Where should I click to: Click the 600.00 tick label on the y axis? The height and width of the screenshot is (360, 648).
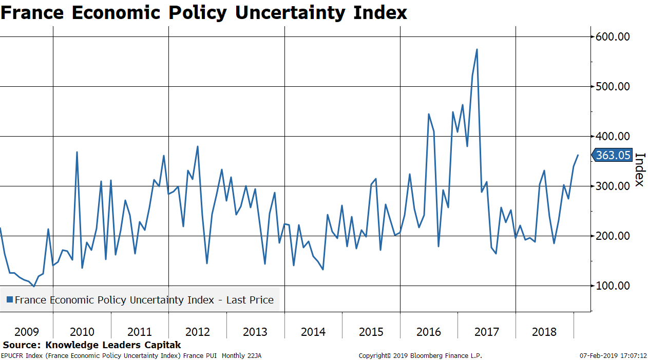[x=613, y=37]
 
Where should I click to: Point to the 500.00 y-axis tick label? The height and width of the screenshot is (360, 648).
[x=613, y=86]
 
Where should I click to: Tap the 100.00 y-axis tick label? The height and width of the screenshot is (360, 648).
[x=613, y=286]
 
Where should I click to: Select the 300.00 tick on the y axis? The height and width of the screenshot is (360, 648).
[x=613, y=186]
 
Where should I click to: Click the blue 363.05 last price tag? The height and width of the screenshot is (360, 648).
[x=613, y=155]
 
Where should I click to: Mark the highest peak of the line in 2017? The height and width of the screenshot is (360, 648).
[x=477, y=50]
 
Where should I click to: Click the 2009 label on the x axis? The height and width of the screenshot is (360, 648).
[x=27, y=332]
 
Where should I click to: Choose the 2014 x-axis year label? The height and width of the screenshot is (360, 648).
[x=313, y=332]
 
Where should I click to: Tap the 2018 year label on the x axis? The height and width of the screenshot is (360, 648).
[x=544, y=332]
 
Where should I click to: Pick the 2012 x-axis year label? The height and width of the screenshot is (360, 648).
[x=198, y=332]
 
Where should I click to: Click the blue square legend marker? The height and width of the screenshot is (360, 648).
[x=9, y=300]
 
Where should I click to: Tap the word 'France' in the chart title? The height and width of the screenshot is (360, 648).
[x=32, y=13]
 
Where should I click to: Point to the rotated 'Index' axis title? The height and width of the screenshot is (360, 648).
[x=640, y=170]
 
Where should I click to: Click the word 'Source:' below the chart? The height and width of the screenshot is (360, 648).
[x=22, y=345]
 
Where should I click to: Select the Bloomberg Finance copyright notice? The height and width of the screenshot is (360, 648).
[x=420, y=355]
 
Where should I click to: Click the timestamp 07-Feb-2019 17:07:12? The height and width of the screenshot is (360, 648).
[x=613, y=355]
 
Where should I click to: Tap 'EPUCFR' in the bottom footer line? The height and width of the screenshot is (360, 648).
[x=12, y=355]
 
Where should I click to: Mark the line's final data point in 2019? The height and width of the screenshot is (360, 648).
[x=578, y=155]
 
